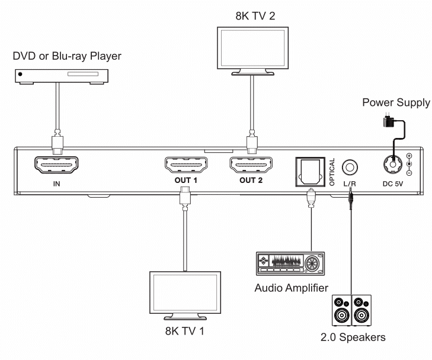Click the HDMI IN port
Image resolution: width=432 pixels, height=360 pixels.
tap(56, 165)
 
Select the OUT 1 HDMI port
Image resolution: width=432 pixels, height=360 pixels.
tap(186, 165)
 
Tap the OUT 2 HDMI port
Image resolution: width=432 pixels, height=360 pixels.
tap(251, 165)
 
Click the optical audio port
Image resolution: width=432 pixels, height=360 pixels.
tap(311, 172)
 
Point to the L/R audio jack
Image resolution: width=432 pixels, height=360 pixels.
tap(350, 167)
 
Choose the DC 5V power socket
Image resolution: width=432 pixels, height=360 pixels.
tap(393, 165)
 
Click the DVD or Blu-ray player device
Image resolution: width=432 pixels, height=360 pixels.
tap(62, 76)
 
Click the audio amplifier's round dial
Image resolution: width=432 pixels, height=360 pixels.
tap(312, 263)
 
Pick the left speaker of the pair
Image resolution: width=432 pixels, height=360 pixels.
tap(342, 310)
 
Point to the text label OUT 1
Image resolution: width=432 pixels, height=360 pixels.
tap(186, 180)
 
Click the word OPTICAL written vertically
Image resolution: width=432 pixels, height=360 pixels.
tap(332, 172)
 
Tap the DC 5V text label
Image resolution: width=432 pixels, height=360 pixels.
tap(393, 184)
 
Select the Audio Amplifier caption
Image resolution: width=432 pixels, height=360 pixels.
tap(291, 288)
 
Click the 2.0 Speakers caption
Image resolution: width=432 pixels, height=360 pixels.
tap(353, 337)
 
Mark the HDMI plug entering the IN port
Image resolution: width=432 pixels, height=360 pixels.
tap(57, 143)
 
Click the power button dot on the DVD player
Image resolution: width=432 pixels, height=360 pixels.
tap(20, 75)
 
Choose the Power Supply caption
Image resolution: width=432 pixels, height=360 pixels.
tap(396, 102)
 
